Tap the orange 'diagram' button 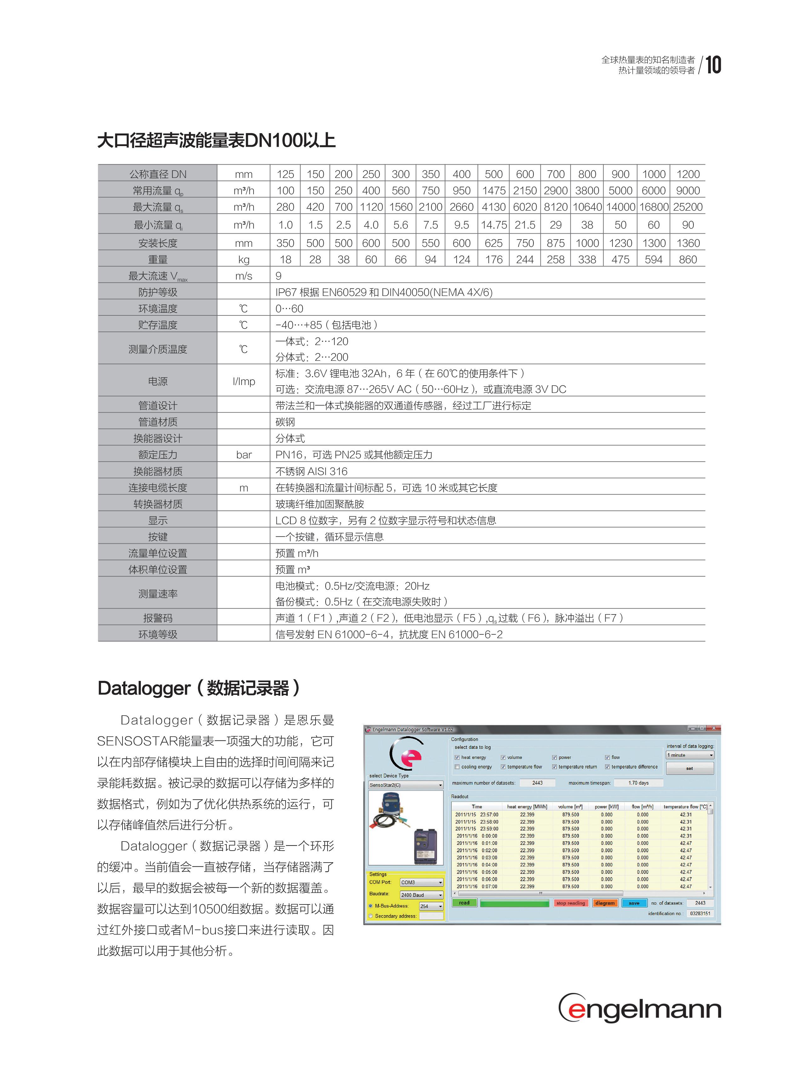(x=605, y=903)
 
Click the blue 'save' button (x=634, y=903)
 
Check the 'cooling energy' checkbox (x=457, y=767)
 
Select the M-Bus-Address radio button (x=371, y=906)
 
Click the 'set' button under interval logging (x=689, y=768)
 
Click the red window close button (x=714, y=728)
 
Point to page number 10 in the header (x=713, y=65)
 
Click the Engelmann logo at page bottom (x=640, y=1009)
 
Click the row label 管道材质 (x=158, y=422)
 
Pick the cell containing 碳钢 (x=285, y=422)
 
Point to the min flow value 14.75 (x=493, y=225)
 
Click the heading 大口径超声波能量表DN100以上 (x=216, y=140)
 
